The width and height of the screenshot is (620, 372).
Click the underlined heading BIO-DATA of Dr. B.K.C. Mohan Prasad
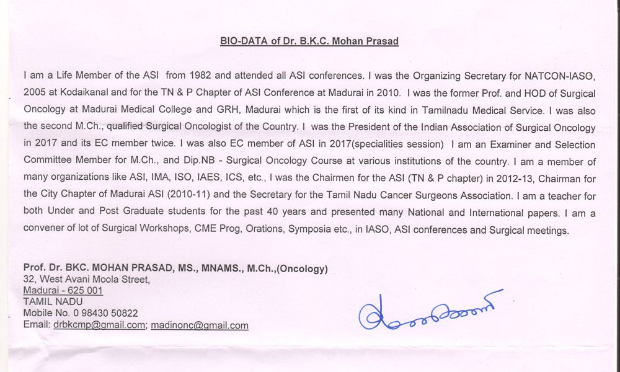click(309, 42)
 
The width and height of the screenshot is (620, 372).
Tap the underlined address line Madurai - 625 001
click(63, 291)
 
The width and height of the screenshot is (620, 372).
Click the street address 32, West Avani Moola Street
click(86, 280)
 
